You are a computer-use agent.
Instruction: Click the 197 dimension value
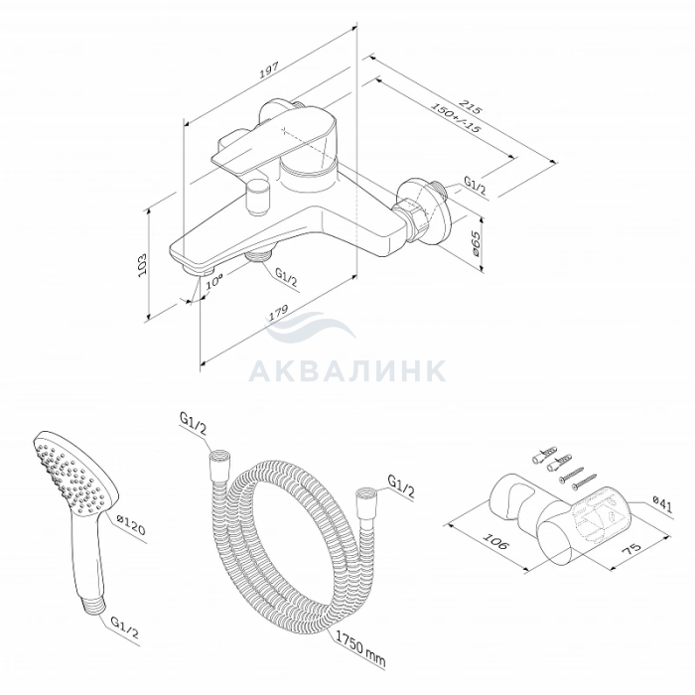pyautogui.click(x=269, y=70)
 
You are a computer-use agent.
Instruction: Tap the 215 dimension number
pyautogui.click(x=470, y=107)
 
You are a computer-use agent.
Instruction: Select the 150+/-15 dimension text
pyautogui.click(x=456, y=118)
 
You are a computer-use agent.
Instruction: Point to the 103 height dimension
pyautogui.click(x=142, y=265)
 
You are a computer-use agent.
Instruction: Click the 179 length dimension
pyautogui.click(x=278, y=313)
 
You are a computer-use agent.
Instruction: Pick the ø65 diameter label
pyautogui.click(x=475, y=243)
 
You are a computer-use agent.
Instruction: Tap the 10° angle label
pyautogui.click(x=214, y=281)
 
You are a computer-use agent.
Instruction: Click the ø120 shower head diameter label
pyautogui.click(x=131, y=524)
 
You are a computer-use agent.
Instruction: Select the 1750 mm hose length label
pyautogui.click(x=360, y=649)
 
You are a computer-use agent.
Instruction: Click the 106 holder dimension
pyautogui.click(x=494, y=541)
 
